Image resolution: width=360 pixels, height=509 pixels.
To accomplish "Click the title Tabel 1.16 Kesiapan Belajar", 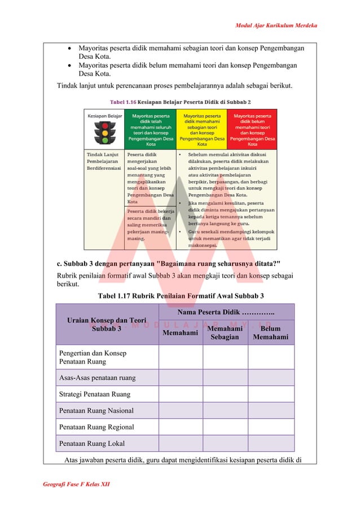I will [180, 102].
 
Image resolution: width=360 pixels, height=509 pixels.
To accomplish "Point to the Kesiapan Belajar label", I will [104, 115].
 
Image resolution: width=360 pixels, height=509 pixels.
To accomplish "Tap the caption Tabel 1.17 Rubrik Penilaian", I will [181, 296].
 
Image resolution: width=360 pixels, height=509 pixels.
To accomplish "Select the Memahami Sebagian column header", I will [225, 333].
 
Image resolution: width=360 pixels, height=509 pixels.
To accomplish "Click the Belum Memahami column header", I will [270, 333].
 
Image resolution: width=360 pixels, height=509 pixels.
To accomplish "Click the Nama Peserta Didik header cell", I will [226, 312].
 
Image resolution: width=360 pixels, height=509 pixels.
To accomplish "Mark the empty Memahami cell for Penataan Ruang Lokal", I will [180, 444].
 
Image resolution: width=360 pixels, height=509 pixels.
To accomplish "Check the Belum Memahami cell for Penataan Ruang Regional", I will [271, 427].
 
